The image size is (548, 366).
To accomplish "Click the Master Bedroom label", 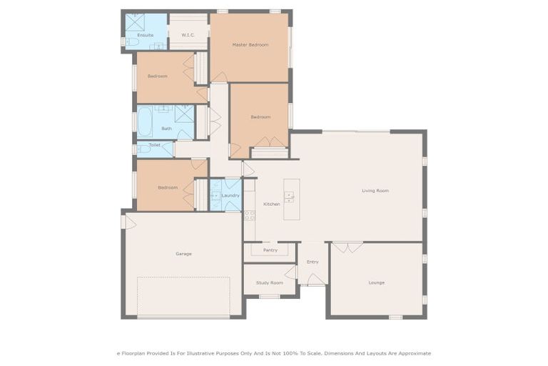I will click(x=250, y=45).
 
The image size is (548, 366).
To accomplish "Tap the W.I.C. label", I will click(x=188, y=34).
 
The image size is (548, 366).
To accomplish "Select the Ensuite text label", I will click(x=145, y=34).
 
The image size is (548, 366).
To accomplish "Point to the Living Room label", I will click(x=375, y=191).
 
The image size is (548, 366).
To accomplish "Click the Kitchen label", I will click(x=272, y=204).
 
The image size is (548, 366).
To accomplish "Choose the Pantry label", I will click(x=270, y=250).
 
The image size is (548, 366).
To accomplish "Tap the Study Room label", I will click(x=270, y=282).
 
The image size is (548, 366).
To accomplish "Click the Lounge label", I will click(x=376, y=282).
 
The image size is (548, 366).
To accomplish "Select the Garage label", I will click(x=183, y=254).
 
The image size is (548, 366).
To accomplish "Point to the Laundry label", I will click(x=230, y=195).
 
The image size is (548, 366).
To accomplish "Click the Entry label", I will click(x=313, y=262).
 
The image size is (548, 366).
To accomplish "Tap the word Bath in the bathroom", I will click(x=166, y=129).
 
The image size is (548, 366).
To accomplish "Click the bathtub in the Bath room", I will click(x=144, y=122).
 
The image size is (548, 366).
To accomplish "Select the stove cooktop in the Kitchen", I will click(x=249, y=214).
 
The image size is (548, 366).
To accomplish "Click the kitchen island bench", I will click(x=290, y=199).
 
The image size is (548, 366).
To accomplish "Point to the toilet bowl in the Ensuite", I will click(x=132, y=42).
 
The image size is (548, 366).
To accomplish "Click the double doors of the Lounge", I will click(x=347, y=247).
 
